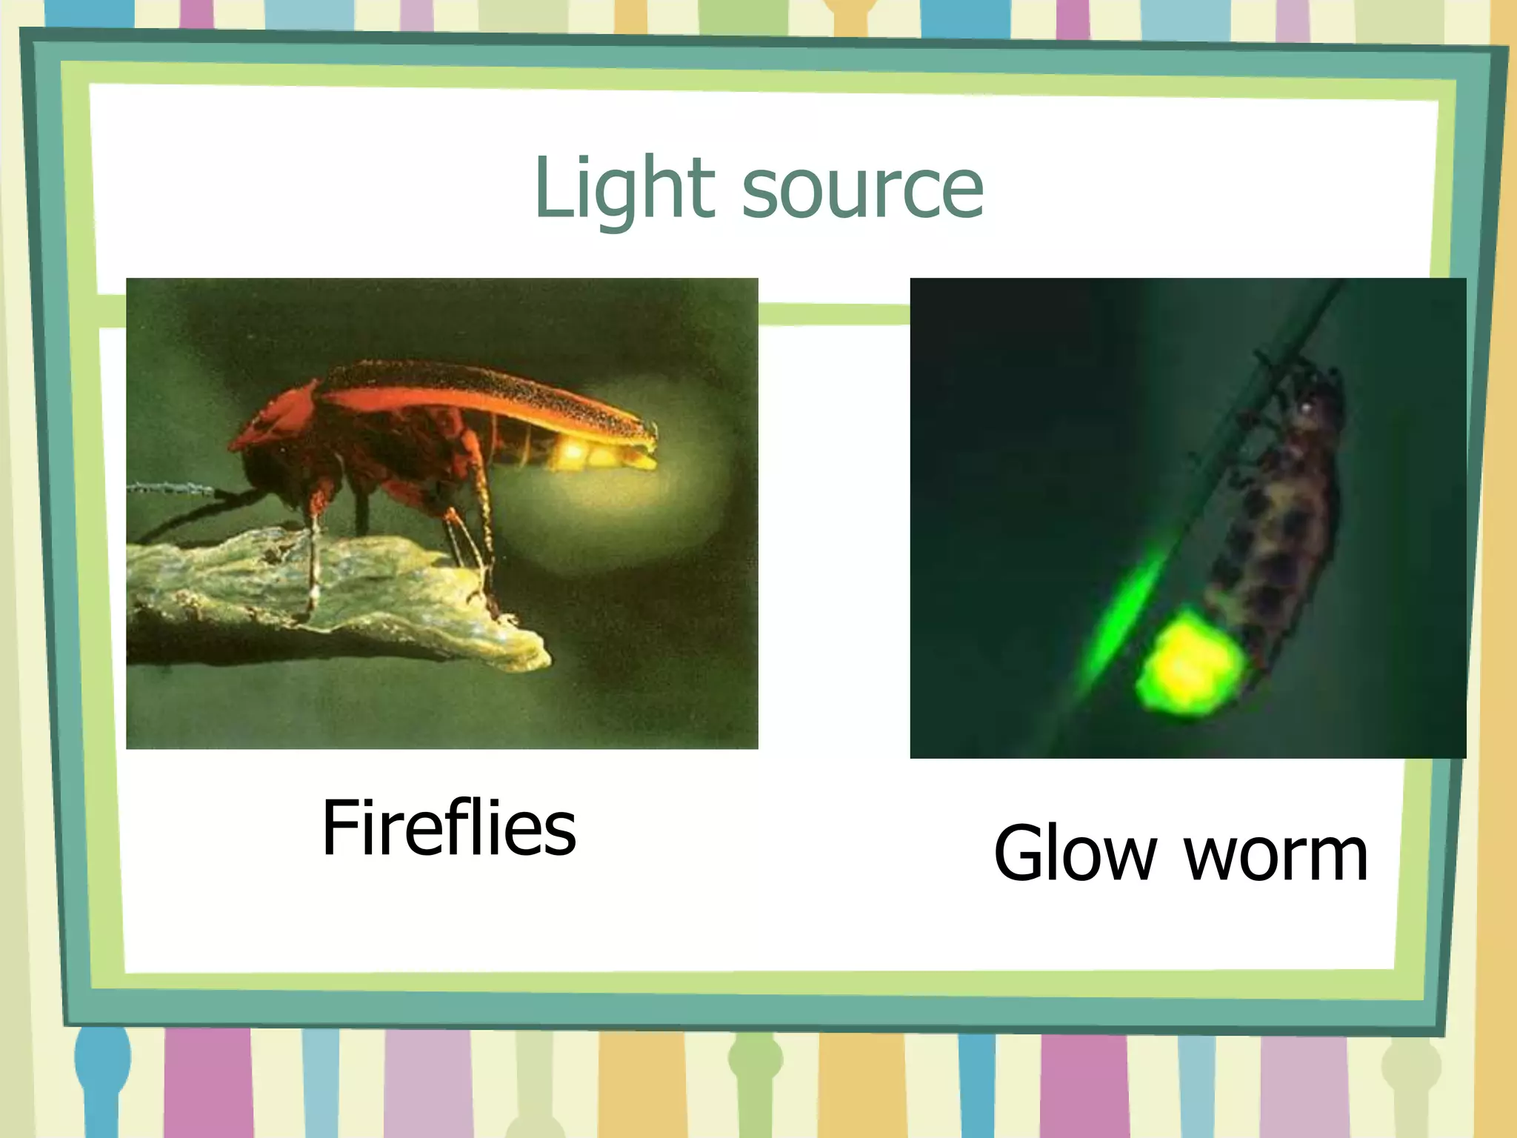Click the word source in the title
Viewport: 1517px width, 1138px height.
pos(862,191)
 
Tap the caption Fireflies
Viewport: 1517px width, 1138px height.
pos(448,828)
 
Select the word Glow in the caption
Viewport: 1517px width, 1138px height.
pos(1074,854)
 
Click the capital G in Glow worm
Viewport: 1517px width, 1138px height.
pos(1021,854)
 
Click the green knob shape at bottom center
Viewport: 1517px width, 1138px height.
pos(756,1056)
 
